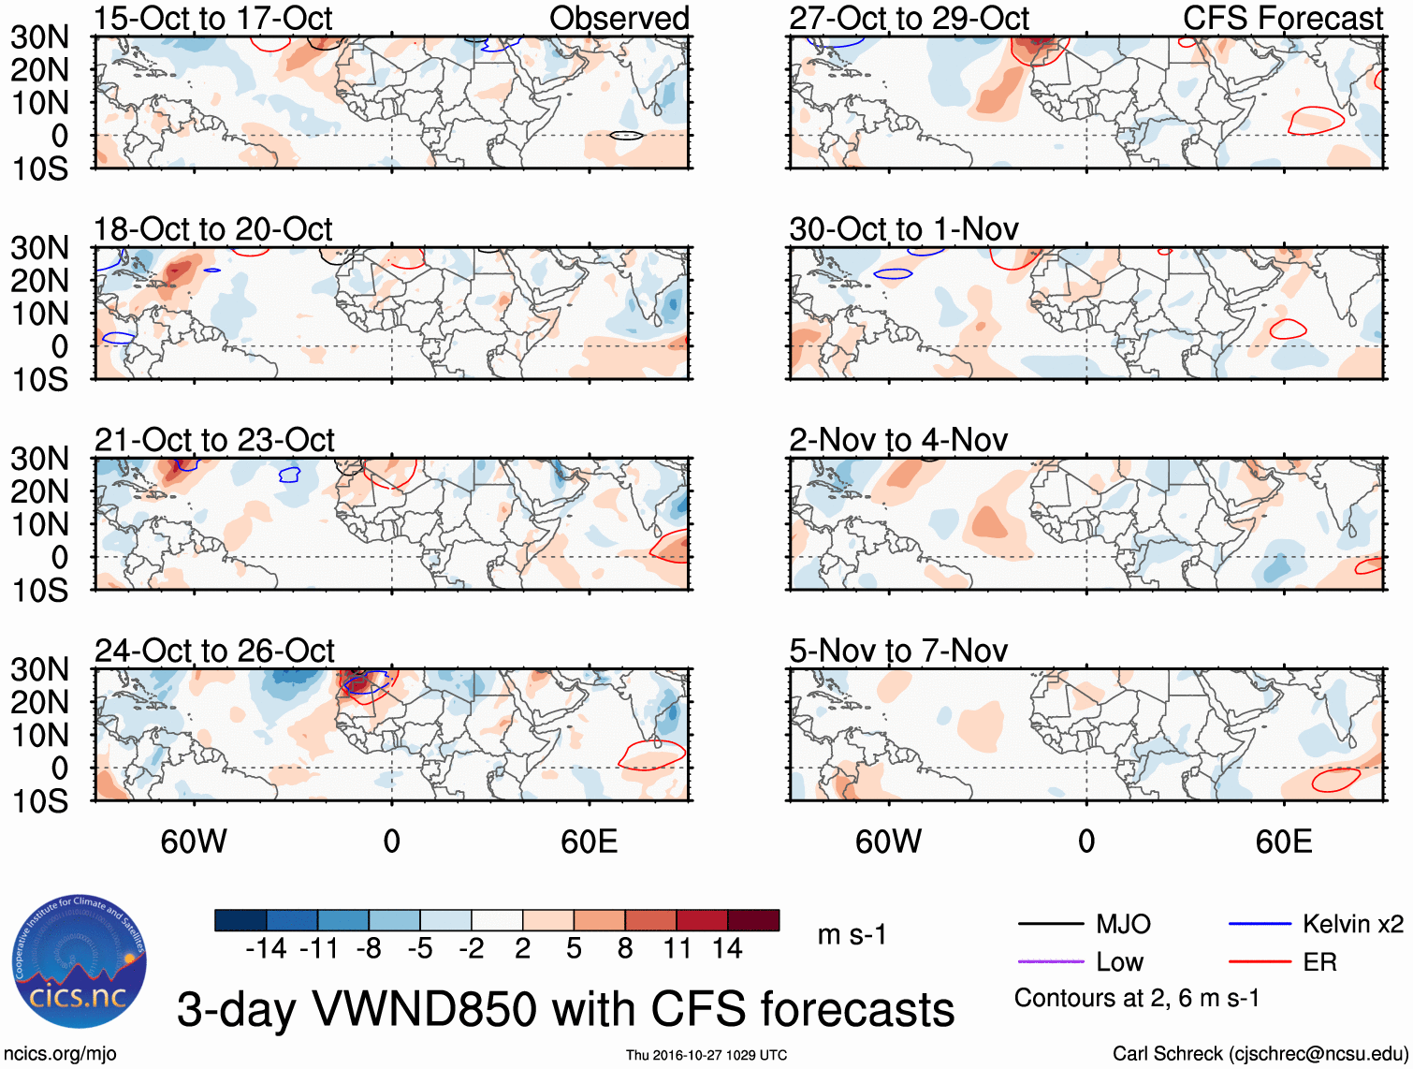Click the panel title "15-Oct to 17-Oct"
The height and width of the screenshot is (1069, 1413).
213,18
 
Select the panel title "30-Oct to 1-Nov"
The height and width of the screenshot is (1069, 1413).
904,229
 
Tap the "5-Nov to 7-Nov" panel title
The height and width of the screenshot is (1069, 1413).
898,651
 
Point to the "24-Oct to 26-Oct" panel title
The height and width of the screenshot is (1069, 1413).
214,651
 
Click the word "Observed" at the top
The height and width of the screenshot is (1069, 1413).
619,18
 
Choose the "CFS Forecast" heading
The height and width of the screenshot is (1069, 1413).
1283,18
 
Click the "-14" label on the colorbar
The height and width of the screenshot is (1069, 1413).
266,949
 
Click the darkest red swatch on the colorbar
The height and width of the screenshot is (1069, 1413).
753,920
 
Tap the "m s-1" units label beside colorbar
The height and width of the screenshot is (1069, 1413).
852,935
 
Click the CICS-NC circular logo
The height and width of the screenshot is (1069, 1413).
80,962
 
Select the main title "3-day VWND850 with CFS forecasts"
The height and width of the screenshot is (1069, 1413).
565,1009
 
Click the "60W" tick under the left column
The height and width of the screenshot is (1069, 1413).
194,842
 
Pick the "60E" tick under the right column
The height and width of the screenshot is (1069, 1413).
1283,842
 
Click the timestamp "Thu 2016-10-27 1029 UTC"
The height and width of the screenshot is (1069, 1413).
706,1055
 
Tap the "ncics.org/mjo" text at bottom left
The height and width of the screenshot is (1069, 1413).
60,1054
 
